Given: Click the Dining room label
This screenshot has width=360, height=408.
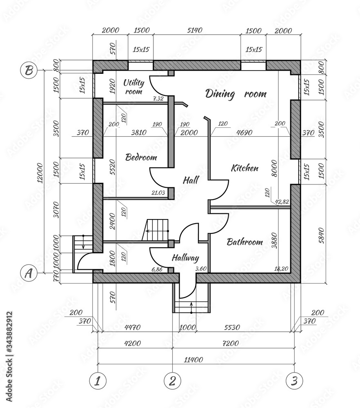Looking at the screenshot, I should tap(236, 94).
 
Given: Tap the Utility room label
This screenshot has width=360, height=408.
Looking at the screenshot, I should tap(133, 87).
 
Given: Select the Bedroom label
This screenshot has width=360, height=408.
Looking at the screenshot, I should tap(141, 157).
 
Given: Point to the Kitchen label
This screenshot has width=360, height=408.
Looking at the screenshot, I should tap(244, 168).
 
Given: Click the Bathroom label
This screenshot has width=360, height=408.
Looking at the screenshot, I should tap(244, 242).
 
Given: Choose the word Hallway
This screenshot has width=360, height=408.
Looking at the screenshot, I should tap(185, 258).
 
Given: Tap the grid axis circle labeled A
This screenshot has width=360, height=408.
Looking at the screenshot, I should tap(29, 272).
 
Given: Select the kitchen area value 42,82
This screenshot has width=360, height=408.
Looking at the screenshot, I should tap(282, 202).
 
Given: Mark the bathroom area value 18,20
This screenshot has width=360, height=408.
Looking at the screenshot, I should tap(282, 269).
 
